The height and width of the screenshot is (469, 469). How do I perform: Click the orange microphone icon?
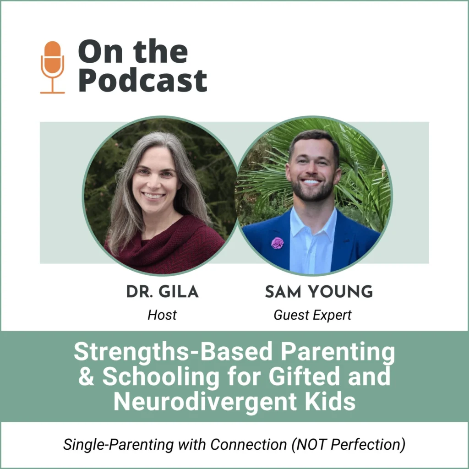52,67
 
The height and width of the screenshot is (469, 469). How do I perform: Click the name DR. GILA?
163,292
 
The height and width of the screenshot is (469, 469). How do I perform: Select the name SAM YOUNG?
319,292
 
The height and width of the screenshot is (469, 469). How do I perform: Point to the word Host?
162,315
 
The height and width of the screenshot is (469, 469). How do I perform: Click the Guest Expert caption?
312,315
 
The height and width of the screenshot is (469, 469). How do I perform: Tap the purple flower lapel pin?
277,243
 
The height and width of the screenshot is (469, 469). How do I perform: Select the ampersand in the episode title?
86,376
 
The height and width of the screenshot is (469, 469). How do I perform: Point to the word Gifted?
304,376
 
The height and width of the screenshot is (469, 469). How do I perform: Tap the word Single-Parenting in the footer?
119,444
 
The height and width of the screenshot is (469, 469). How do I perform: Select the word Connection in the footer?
249,444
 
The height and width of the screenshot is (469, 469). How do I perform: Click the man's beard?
312,191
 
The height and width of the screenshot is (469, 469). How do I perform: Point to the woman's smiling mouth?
153,196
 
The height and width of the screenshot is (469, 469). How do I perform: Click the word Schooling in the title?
161,376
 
